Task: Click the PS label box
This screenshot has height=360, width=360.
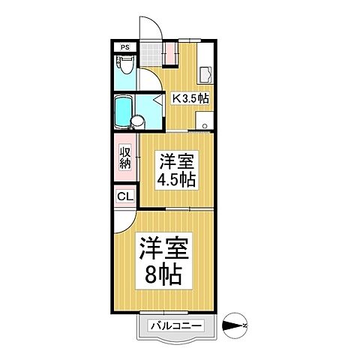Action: tap(125, 46)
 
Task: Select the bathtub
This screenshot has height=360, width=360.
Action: tap(122, 110)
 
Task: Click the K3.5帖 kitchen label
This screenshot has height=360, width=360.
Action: tap(190, 98)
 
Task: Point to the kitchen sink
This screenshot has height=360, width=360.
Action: tap(204, 73)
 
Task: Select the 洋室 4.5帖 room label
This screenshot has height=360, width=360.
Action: tap(175, 170)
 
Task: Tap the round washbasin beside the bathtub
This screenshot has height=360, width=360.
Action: tap(139, 121)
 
